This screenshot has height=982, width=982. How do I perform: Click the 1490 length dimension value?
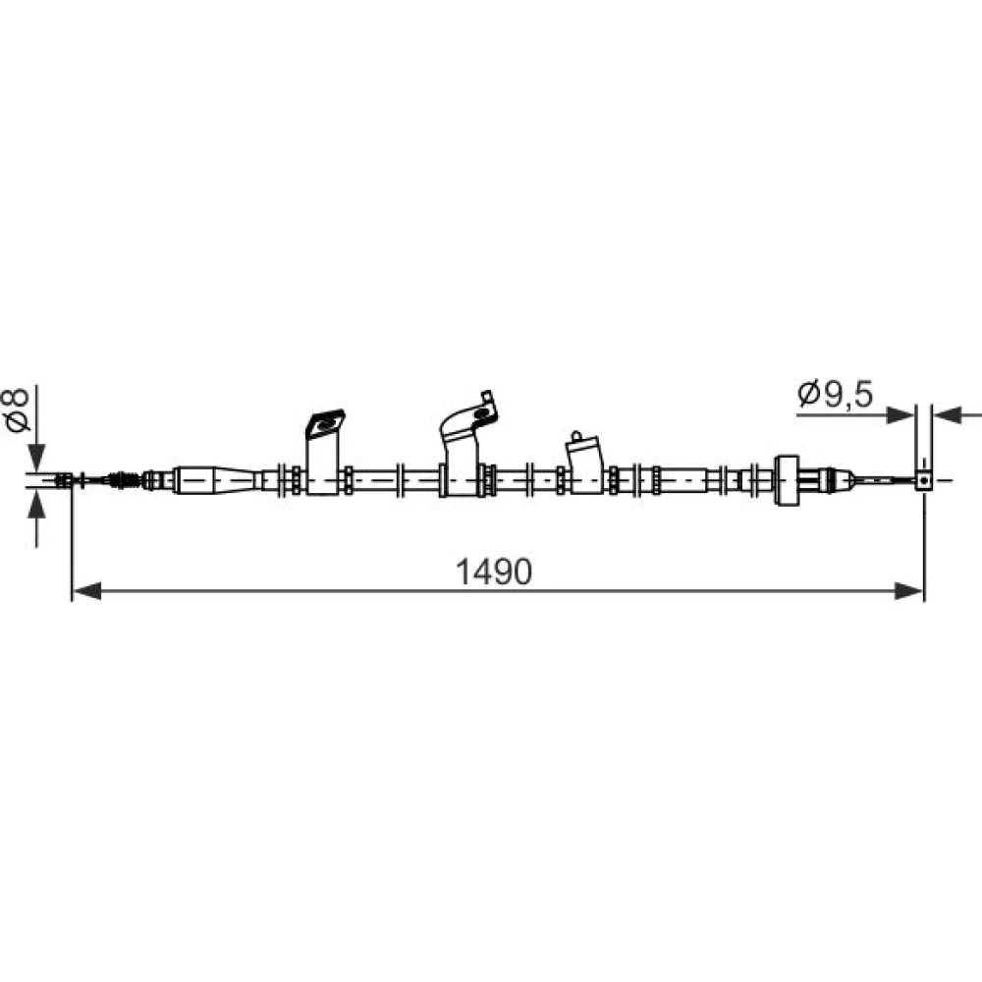[494, 572]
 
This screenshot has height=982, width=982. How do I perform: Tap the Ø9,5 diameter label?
[836, 394]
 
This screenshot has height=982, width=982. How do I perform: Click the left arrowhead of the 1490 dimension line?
[87, 590]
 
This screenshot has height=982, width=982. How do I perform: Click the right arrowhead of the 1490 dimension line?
[909, 590]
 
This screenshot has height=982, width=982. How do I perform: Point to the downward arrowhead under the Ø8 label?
[37, 458]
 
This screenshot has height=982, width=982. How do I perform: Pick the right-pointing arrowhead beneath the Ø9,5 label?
[900, 414]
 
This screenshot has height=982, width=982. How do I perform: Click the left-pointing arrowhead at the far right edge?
[947, 414]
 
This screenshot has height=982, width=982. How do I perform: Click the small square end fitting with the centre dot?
[924, 480]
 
